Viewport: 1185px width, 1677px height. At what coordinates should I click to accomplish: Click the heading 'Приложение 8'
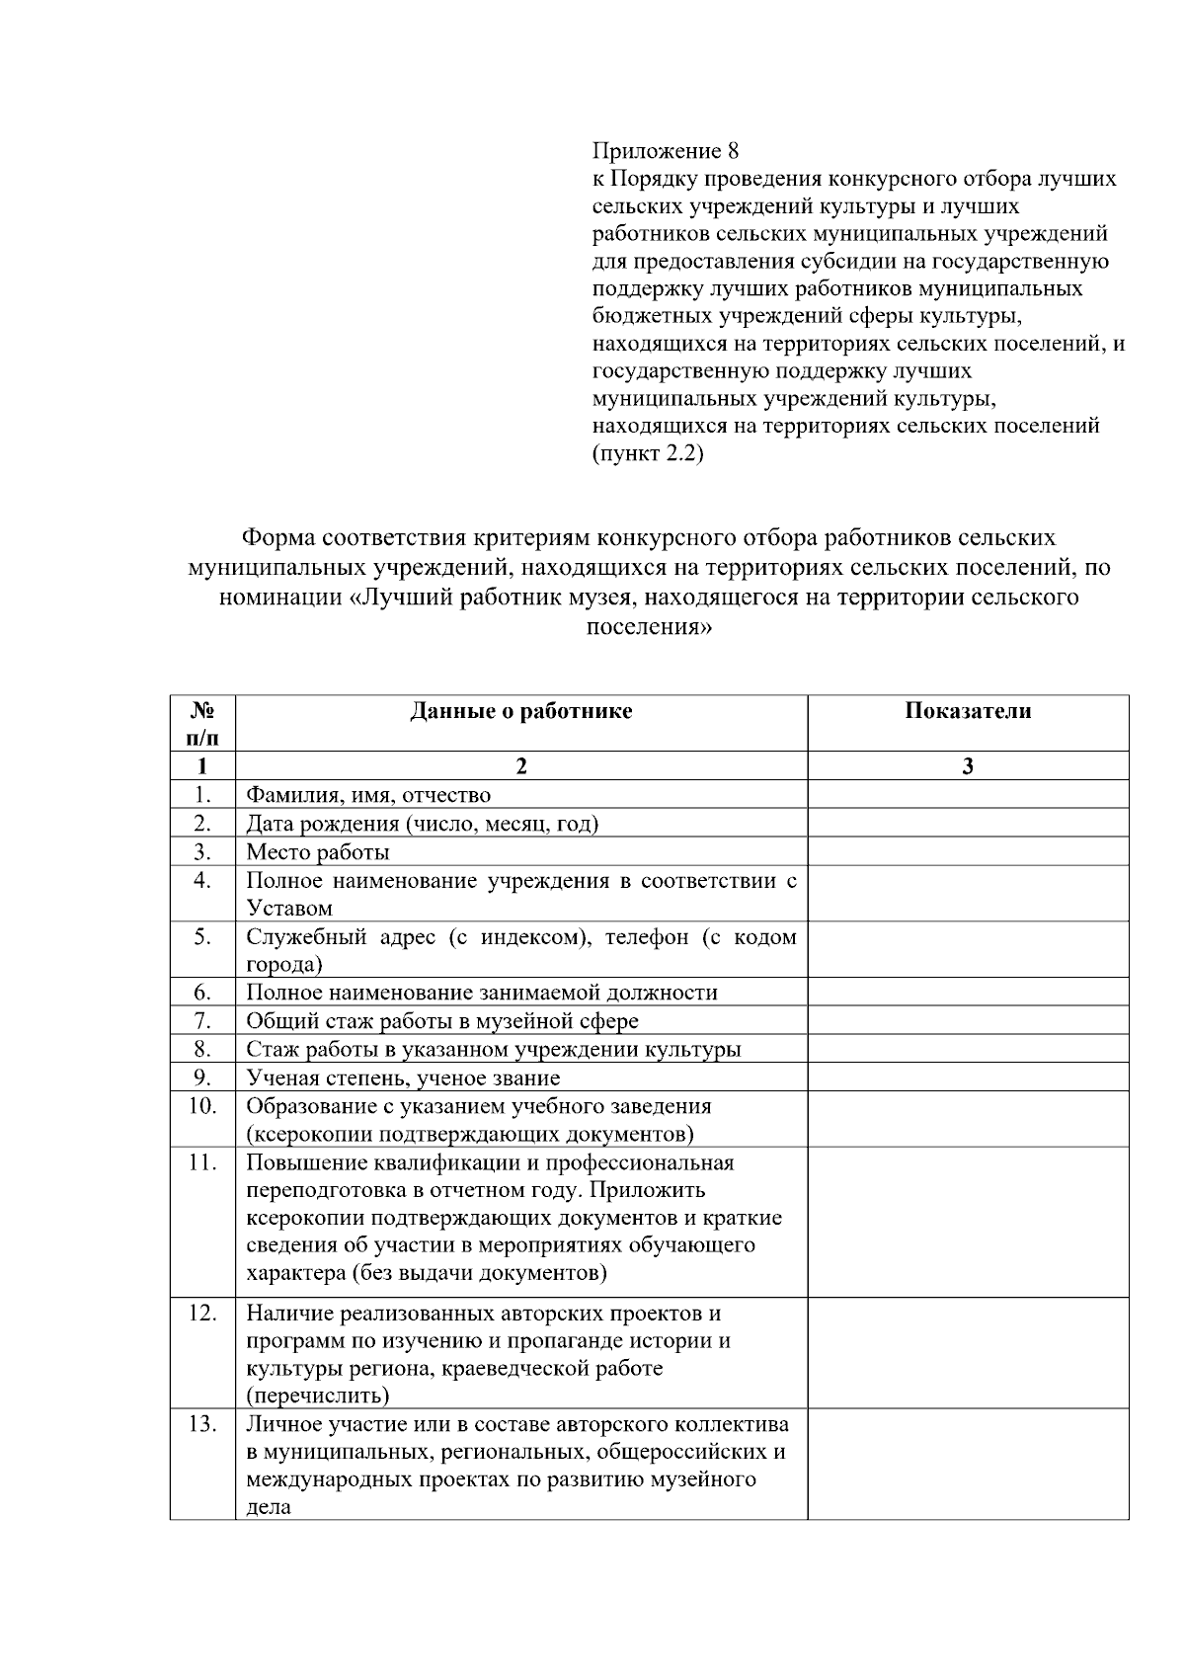pyautogui.click(x=666, y=151)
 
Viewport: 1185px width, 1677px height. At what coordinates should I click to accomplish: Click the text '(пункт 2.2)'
pyautogui.click(x=648, y=455)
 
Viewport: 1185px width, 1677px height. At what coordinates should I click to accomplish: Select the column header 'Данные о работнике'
pyautogui.click(x=520, y=711)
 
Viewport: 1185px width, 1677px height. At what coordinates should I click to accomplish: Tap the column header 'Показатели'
pyautogui.click(x=967, y=711)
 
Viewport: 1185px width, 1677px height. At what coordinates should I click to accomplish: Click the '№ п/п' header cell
pyautogui.click(x=202, y=723)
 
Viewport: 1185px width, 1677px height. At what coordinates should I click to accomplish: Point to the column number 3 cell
pyautogui.click(x=967, y=766)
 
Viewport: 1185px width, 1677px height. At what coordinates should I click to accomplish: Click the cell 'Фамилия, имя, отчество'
pyautogui.click(x=368, y=795)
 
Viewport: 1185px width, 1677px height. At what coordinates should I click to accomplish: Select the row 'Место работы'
pyautogui.click(x=318, y=851)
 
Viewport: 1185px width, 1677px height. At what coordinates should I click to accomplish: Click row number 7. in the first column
pyautogui.click(x=202, y=1020)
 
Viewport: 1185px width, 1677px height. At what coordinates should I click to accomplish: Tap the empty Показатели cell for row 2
pyautogui.click(x=967, y=824)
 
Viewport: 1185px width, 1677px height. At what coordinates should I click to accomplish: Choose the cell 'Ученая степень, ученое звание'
pyautogui.click(x=403, y=1078)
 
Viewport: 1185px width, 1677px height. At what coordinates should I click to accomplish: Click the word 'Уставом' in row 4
pyautogui.click(x=289, y=908)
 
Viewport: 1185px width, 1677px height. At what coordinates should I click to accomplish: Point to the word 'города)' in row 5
pyautogui.click(x=284, y=964)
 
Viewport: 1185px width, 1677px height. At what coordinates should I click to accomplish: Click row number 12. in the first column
pyautogui.click(x=202, y=1314)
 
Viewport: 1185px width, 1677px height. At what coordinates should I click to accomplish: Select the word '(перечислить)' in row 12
pyautogui.click(x=317, y=1396)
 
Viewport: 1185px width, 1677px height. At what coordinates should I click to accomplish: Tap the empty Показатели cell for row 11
pyautogui.click(x=967, y=1221)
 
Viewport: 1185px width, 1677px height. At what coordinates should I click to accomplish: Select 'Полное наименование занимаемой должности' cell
pyautogui.click(x=482, y=993)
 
